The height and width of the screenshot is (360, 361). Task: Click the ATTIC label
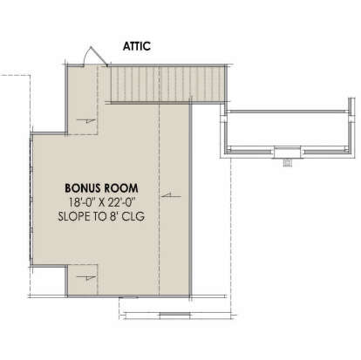tap(137, 46)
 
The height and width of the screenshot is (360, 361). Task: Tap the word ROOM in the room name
tap(121, 188)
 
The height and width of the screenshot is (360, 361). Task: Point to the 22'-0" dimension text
tap(122, 202)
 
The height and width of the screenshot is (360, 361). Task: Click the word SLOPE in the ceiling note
tap(74, 216)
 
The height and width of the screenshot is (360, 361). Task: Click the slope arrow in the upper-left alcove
tap(85, 121)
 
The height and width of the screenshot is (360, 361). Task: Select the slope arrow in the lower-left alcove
tap(86, 277)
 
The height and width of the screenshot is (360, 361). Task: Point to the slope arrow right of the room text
tap(171, 196)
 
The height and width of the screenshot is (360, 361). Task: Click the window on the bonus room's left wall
tap(31, 200)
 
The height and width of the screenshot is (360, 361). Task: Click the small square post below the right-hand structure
tap(288, 163)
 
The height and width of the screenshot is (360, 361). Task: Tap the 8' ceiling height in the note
tap(113, 216)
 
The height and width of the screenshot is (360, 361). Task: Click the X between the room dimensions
tap(101, 202)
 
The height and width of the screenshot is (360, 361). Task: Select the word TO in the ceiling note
tap(99, 216)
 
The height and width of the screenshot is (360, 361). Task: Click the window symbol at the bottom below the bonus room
tap(174, 315)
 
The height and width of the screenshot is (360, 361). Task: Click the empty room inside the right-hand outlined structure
tap(287, 129)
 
